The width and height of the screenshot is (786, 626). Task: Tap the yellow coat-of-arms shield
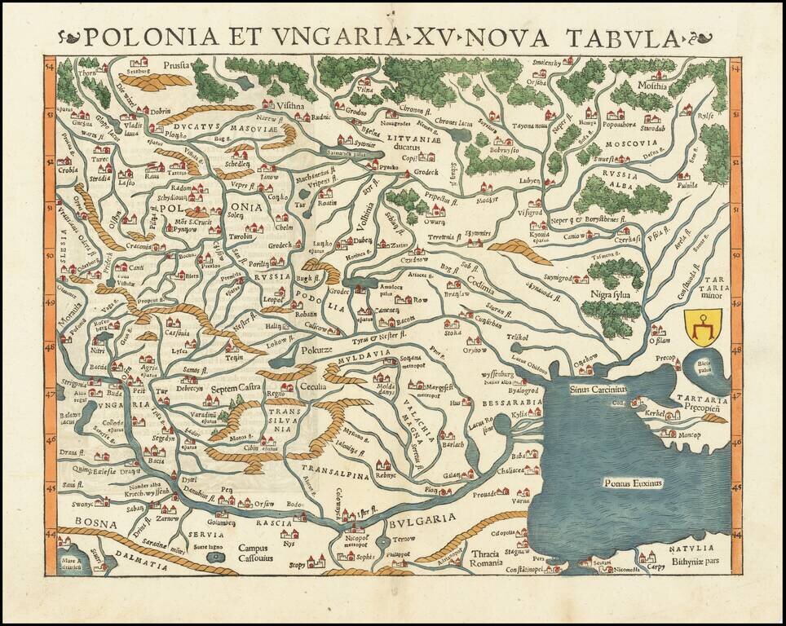(701, 328)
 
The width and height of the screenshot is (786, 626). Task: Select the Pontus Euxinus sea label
(634, 483)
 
